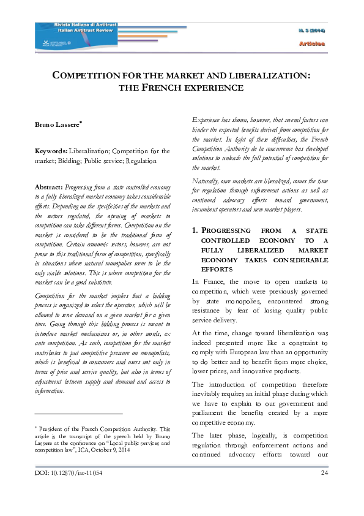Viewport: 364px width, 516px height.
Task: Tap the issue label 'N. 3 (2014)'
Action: (312, 30)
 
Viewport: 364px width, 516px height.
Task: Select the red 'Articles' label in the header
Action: (312, 44)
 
